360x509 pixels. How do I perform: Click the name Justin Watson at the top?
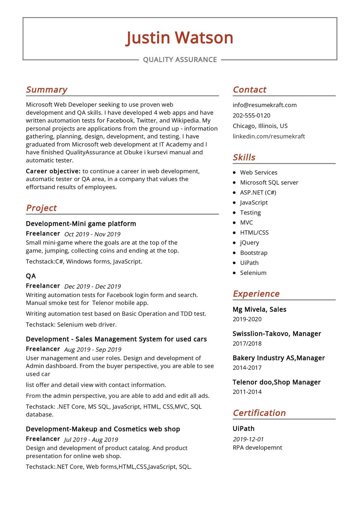click(x=179, y=38)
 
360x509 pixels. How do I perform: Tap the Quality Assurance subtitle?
click(x=180, y=60)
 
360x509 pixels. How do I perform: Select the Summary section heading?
click(x=46, y=90)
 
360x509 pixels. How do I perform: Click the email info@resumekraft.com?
click(x=265, y=105)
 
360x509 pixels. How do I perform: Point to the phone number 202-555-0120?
click(x=251, y=115)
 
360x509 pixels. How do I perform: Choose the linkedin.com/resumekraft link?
click(x=269, y=136)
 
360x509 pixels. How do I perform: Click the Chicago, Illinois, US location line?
click(x=260, y=126)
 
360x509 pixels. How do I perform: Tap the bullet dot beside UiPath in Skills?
click(x=234, y=263)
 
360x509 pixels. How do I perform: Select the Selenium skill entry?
click(x=253, y=273)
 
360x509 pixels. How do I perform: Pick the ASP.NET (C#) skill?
click(x=258, y=192)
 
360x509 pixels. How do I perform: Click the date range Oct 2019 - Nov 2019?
click(x=92, y=234)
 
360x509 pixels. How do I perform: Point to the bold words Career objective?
click(x=53, y=171)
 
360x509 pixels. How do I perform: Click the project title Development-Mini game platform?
click(x=81, y=224)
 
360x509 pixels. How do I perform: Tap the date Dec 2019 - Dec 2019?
click(x=92, y=286)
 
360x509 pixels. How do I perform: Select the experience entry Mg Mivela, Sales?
click(x=259, y=309)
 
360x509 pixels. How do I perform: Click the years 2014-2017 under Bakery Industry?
click(x=247, y=368)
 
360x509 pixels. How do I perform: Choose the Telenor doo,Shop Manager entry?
click(x=277, y=382)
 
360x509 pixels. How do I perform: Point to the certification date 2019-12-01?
click(x=248, y=439)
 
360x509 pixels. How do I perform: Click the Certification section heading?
click(x=259, y=413)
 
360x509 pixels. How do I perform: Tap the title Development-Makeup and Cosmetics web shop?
click(x=103, y=429)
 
